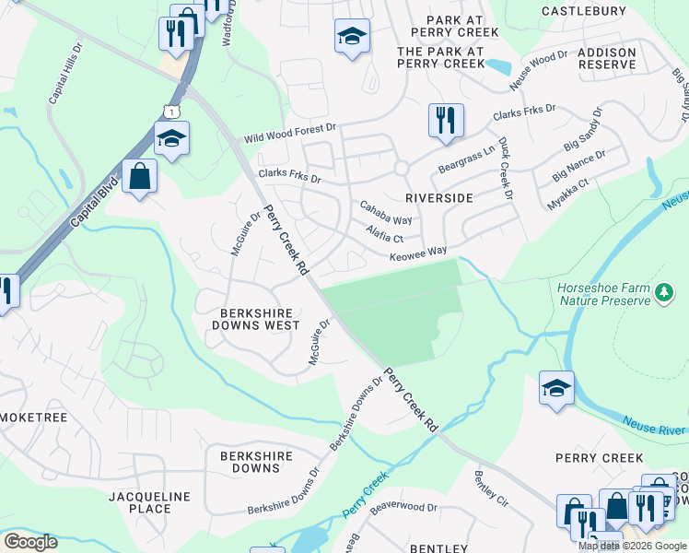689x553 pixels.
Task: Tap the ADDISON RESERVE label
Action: point(607,58)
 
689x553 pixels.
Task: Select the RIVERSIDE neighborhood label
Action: point(439,198)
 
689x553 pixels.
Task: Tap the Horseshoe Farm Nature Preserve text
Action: point(603,294)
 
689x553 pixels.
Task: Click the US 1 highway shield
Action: point(170,111)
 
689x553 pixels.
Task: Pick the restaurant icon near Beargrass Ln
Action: point(445,121)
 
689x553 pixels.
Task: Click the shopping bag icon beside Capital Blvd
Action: point(139,176)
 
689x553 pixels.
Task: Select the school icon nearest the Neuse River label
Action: point(556,388)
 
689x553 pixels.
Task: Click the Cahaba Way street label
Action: point(385,213)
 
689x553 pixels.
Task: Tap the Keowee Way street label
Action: point(417,252)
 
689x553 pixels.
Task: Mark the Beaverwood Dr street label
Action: point(403,508)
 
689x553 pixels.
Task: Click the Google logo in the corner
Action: point(30,542)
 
